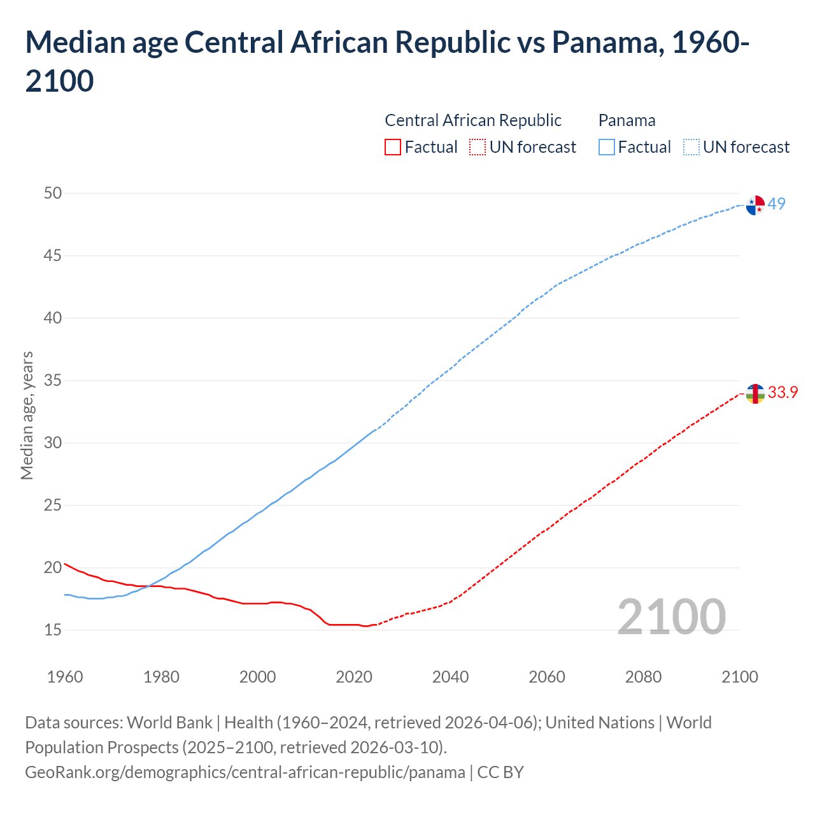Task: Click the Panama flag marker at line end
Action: point(755,206)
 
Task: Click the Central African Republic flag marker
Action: point(755,394)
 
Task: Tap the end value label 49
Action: point(777,204)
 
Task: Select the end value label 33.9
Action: point(783,392)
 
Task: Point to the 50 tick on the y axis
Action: point(53,193)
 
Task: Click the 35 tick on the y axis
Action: point(53,381)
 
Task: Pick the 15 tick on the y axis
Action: point(53,630)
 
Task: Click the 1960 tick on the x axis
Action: point(65,677)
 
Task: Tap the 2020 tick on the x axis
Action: point(354,677)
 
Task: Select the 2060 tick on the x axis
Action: point(547,677)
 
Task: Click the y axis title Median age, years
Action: point(27,415)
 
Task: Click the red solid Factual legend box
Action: point(393,147)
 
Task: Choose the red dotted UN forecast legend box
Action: point(478,147)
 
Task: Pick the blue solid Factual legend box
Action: point(607,147)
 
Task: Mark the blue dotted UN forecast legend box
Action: point(691,147)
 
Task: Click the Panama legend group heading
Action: point(627,120)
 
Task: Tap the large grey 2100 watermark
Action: point(671,617)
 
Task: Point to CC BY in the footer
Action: point(500,772)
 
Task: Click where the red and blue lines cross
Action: point(150,585)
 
